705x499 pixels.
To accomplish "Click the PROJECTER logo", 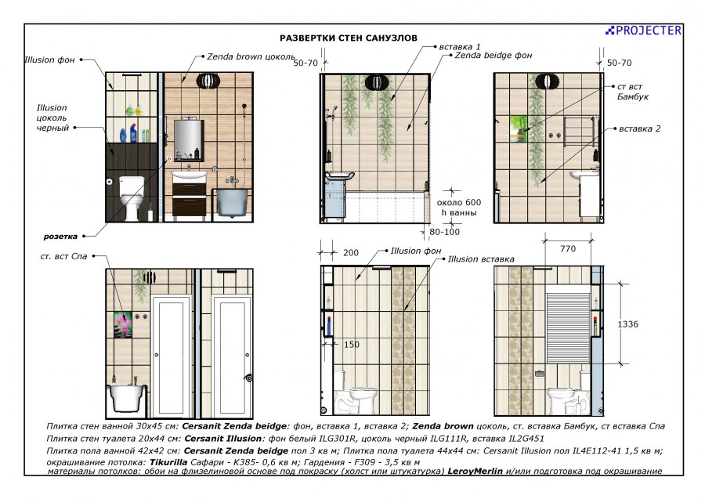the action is [x=643, y=30].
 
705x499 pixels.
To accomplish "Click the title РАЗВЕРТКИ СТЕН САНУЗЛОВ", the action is [x=349, y=38].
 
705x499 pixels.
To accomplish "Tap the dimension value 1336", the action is [x=627, y=324].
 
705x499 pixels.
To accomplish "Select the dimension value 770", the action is [x=568, y=248].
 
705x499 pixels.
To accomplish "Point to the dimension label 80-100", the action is [x=445, y=232].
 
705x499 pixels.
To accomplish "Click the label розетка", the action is [x=60, y=237].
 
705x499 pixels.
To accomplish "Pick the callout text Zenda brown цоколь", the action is [x=251, y=56].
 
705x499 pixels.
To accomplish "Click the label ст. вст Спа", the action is [x=63, y=256].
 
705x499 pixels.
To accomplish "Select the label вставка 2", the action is [x=640, y=128].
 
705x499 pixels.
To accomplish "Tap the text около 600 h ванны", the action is [x=458, y=208].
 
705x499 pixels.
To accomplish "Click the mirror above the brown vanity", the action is [x=189, y=139].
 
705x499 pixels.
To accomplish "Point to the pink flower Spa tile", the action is [x=123, y=324].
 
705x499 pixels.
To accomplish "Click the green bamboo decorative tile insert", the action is [x=519, y=128].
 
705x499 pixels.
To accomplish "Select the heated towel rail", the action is [x=580, y=132].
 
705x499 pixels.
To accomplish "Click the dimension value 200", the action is [x=351, y=253].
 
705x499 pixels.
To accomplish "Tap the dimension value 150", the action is [x=352, y=345].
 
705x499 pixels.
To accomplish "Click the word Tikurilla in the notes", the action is [x=168, y=462].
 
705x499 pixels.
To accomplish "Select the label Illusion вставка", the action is [x=481, y=259].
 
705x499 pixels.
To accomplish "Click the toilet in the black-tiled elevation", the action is [x=132, y=199].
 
